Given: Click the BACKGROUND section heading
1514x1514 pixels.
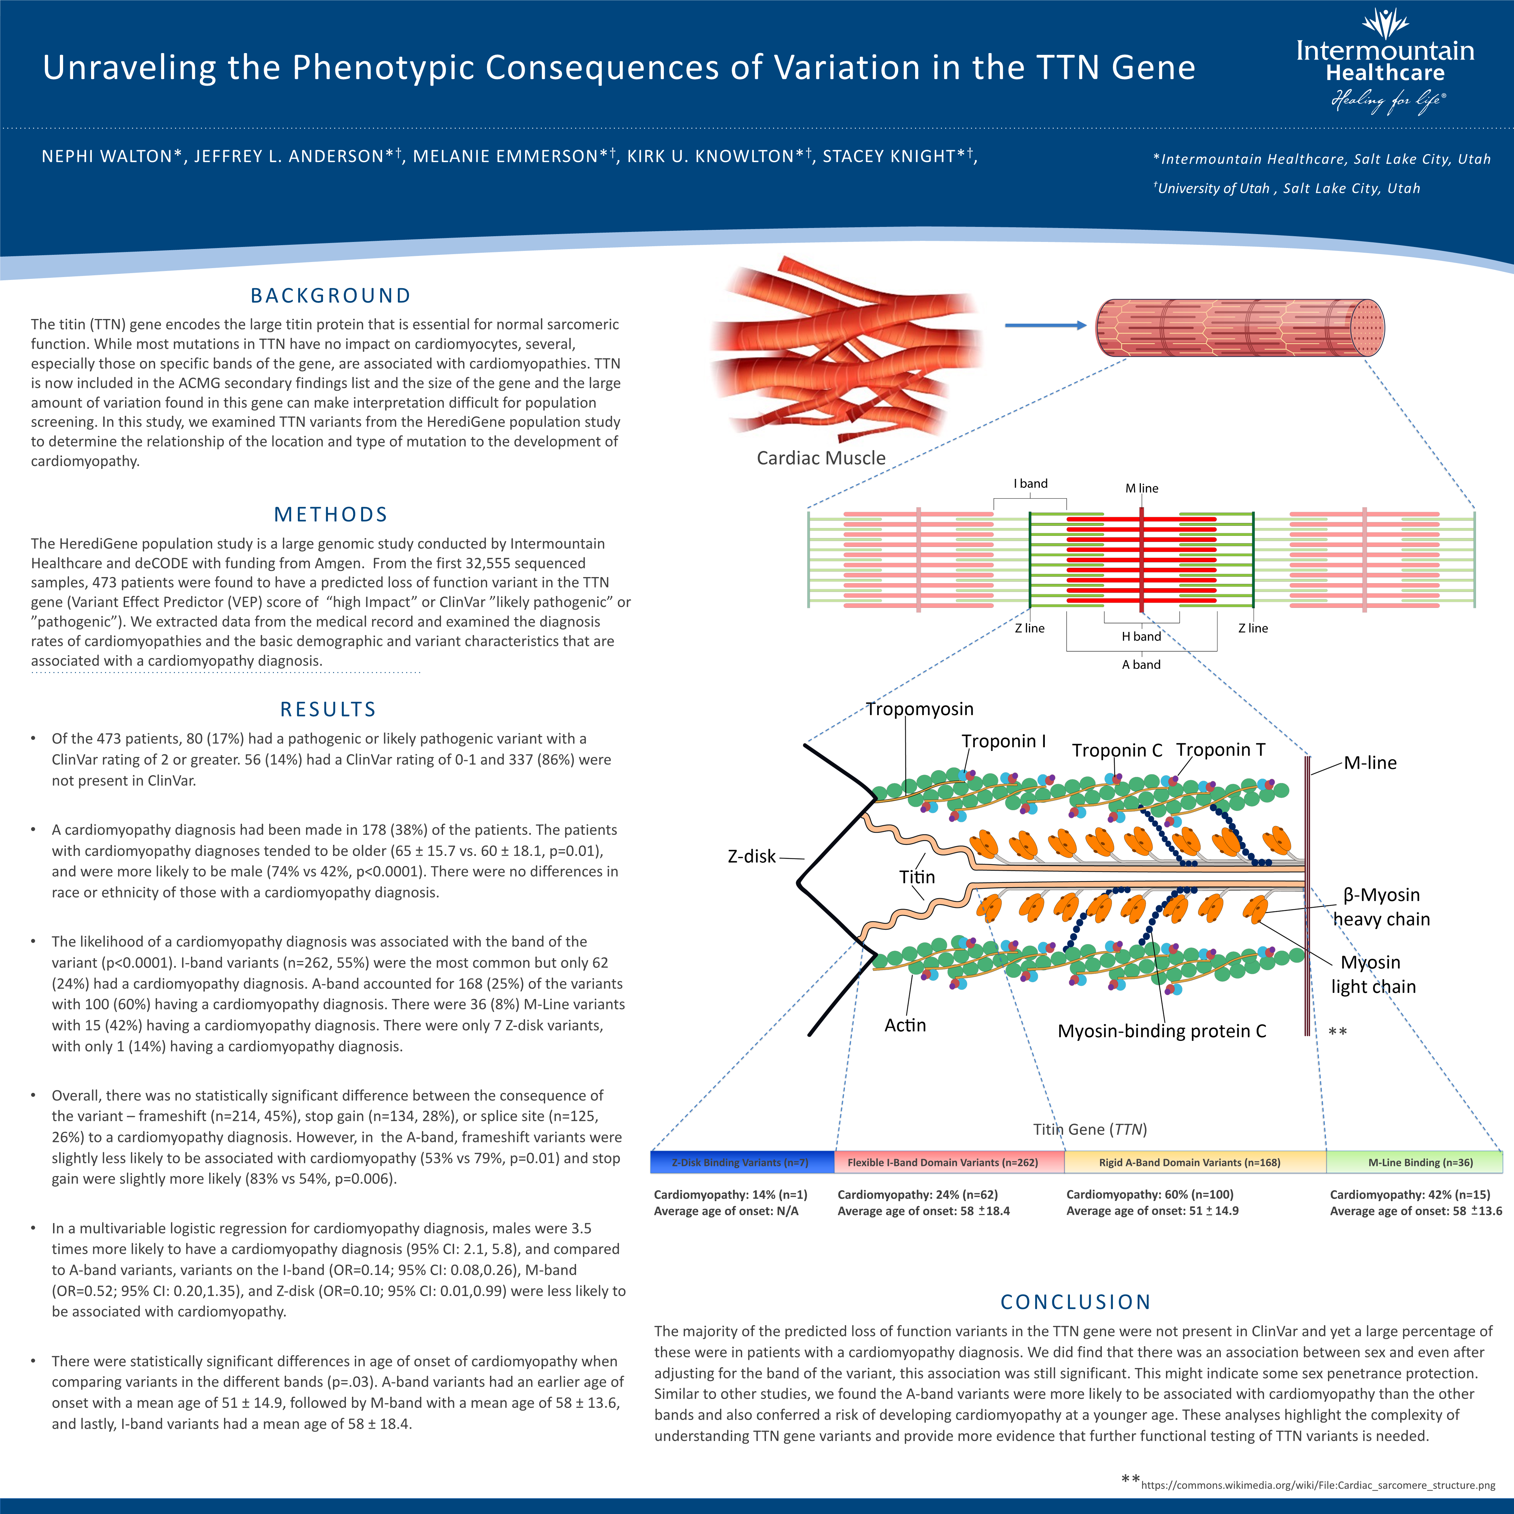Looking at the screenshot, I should coord(331,295).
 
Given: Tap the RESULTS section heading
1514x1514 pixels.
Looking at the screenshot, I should coord(328,709).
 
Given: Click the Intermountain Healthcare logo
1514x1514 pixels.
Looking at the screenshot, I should coord(1385,63).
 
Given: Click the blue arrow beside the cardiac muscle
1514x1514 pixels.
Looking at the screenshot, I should coord(1044,325).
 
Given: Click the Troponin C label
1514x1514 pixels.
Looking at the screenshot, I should coord(1117,751).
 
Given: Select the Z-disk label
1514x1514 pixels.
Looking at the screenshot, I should coord(752,857).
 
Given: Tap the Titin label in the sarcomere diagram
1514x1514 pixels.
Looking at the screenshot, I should coord(917,877).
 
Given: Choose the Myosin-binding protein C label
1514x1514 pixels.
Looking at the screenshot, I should coord(1161,1031).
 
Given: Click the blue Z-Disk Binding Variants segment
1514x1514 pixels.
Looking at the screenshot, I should coord(741,1162).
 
